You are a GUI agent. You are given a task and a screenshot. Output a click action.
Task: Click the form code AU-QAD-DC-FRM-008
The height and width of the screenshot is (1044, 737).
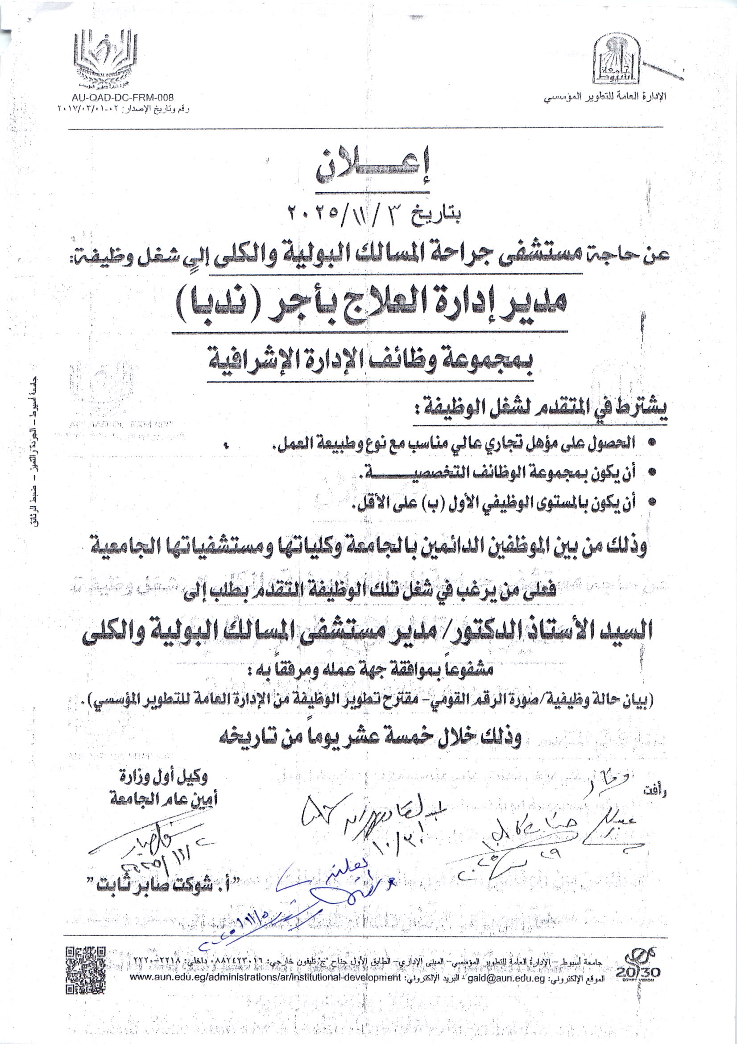122,97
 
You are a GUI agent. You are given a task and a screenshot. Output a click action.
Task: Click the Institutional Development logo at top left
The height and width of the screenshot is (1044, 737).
105,59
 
